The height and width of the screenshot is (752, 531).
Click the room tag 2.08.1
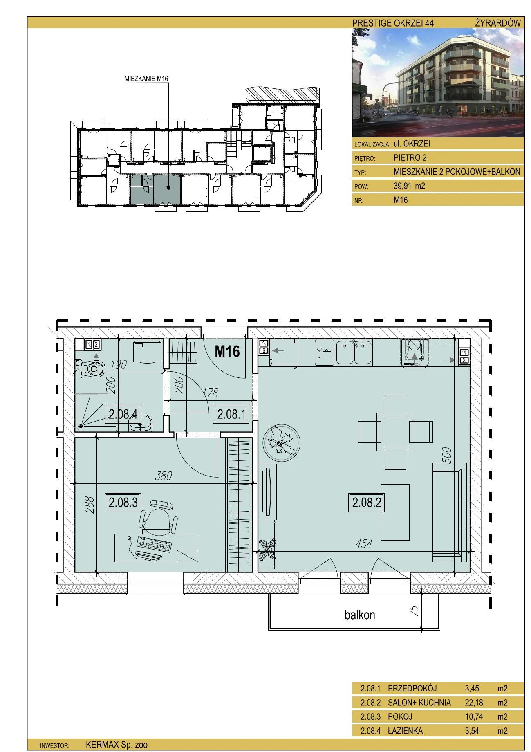(231, 414)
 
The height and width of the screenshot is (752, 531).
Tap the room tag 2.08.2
(367, 502)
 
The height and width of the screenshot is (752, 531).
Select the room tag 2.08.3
(123, 502)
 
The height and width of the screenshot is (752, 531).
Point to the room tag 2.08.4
(123, 414)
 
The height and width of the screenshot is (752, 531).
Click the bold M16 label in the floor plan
(227, 351)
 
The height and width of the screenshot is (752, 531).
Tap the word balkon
(360, 615)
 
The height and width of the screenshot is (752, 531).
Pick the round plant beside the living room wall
(281, 443)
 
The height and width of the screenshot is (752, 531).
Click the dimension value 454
(364, 544)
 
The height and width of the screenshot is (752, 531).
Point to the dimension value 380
(164, 476)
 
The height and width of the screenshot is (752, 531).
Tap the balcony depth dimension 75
(414, 611)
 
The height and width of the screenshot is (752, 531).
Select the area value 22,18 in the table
(474, 703)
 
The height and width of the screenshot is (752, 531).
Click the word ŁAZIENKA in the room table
(405, 731)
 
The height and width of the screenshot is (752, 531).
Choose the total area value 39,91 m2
(409, 186)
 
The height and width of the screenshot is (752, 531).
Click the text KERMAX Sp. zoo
(117, 745)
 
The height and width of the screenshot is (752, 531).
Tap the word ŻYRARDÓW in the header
(498, 23)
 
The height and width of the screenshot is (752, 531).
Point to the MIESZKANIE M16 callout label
(146, 79)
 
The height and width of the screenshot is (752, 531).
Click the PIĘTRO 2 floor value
(410, 158)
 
